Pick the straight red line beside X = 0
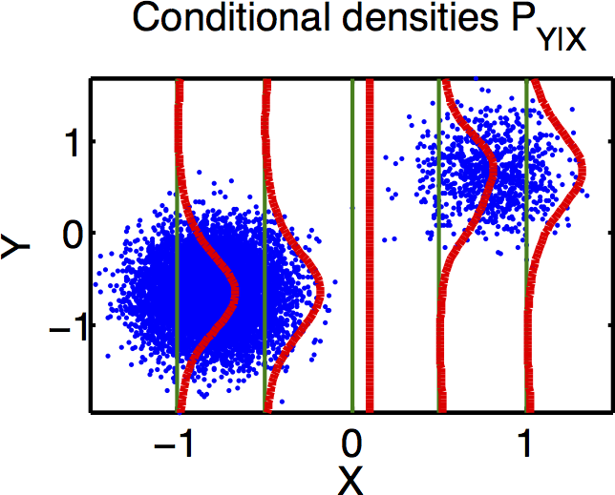[x=370, y=248]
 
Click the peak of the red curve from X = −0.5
[x=320, y=288]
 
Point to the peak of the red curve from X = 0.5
[x=495, y=173]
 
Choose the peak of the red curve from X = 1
[x=582, y=173]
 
